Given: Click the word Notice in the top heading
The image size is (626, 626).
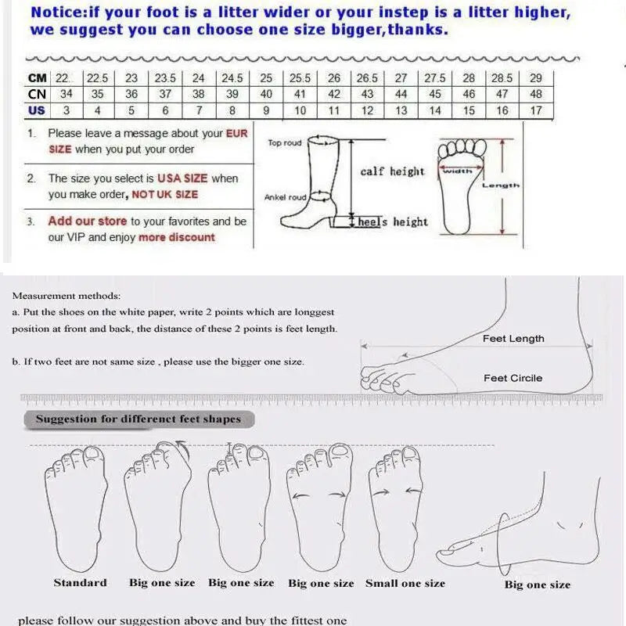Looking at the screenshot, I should [x=56, y=13].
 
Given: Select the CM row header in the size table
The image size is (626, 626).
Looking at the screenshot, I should [x=37, y=78].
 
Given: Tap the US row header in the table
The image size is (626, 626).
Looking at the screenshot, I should [x=37, y=110].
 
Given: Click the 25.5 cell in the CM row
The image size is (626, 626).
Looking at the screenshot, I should [x=300, y=78].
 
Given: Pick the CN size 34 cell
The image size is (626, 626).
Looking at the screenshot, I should [x=67, y=94].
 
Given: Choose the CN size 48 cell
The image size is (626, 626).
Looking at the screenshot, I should [x=535, y=94].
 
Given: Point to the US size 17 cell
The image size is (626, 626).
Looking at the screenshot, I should [x=535, y=110].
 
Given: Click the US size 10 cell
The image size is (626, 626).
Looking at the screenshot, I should [x=300, y=110].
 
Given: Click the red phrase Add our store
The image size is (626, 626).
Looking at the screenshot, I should [x=88, y=221].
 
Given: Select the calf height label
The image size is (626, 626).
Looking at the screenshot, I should [x=392, y=171].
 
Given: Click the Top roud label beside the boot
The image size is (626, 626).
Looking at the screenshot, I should [x=285, y=143].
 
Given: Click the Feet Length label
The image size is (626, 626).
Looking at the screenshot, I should [x=513, y=339].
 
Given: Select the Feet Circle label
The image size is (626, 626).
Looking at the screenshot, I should [x=513, y=378].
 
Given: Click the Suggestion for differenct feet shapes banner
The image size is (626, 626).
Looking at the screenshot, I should [x=139, y=419].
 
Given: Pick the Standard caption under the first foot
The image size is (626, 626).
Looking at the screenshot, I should [x=81, y=582].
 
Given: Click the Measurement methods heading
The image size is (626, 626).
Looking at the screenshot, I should [x=67, y=296].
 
